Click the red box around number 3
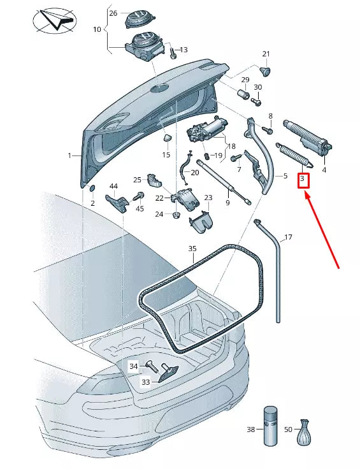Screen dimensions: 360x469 (x=303, y=180)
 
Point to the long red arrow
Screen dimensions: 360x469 (x=322, y=231)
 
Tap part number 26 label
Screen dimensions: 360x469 (x=113, y=13)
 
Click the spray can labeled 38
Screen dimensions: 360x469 (x=271, y=426)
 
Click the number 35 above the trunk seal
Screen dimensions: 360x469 (x=192, y=249)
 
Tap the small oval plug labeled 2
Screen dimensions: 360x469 (x=92, y=188)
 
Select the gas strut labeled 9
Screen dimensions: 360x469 (x=224, y=182)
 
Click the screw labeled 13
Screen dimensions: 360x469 (x=173, y=53)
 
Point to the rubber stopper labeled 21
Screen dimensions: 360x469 (x=265, y=71)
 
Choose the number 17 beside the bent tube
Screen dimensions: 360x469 (x=288, y=238)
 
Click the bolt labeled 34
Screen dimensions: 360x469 (x=152, y=366)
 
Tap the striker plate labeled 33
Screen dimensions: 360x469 (x=168, y=373)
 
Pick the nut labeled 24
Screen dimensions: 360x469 (x=176, y=215)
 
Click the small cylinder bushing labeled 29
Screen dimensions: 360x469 (x=243, y=94)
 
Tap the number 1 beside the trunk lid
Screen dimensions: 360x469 (x=69, y=155)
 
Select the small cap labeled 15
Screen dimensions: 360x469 (x=167, y=138)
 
